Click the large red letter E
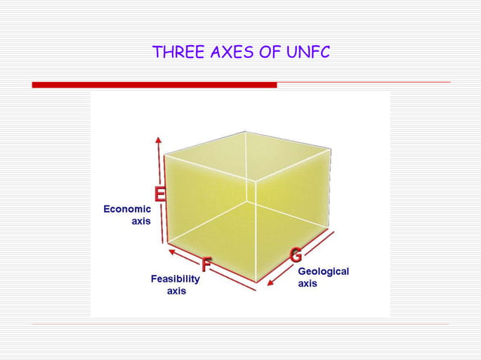point(160,194)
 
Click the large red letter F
point(205,264)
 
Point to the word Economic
point(127,209)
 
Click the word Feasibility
point(175,279)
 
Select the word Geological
point(323,271)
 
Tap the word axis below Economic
point(141,221)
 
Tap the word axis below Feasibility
point(176,291)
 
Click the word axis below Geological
point(308,284)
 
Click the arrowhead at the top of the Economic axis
point(158,140)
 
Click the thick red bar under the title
point(154,85)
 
